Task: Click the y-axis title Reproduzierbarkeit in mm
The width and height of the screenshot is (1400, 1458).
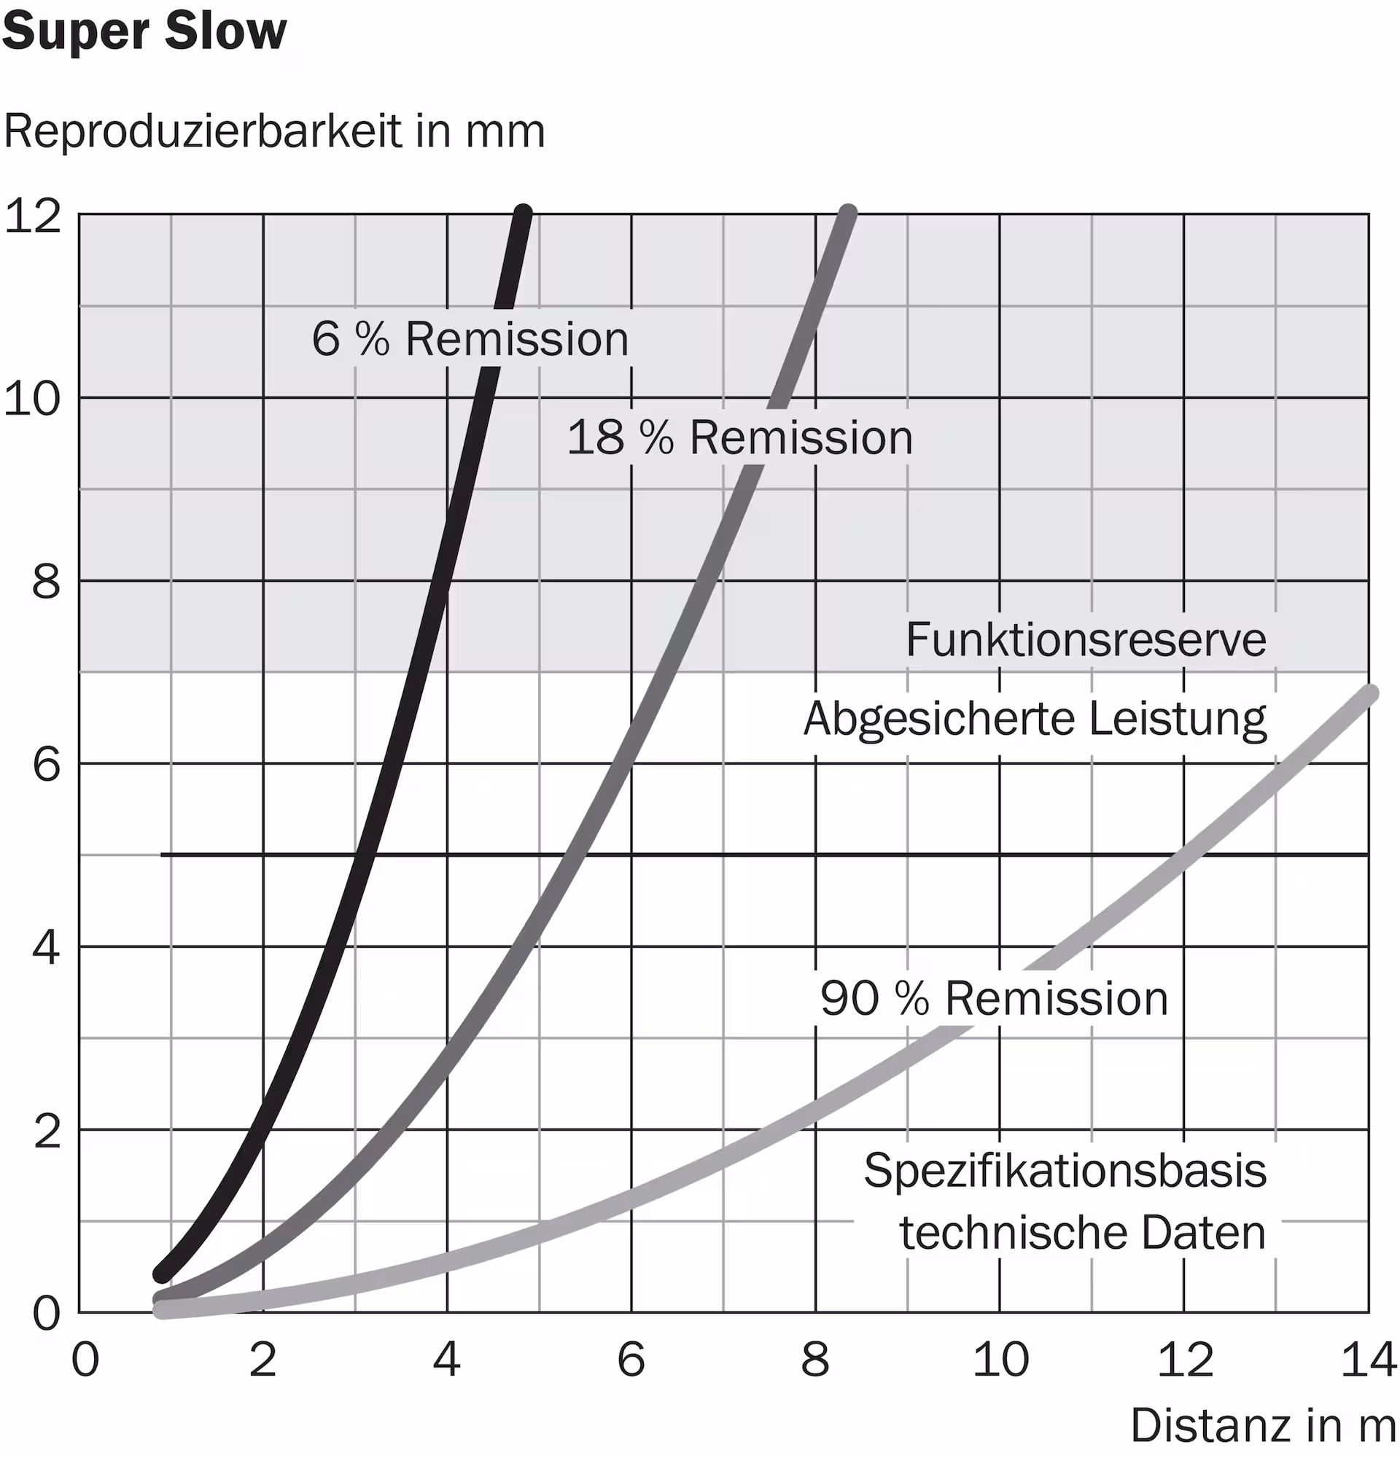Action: [273, 132]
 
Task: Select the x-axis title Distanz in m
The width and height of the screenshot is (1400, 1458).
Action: [1262, 1425]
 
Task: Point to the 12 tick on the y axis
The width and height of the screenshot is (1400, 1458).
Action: [33, 217]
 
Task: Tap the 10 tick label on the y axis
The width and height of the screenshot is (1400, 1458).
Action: [33, 399]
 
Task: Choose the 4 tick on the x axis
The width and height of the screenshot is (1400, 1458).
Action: [446, 1360]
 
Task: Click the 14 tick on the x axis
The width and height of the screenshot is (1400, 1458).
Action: [1367, 1360]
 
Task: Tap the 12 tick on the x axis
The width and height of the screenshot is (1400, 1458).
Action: [1184, 1360]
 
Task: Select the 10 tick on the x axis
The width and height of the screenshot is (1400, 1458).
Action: [1000, 1360]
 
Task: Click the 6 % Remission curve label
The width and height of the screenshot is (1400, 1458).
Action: [470, 339]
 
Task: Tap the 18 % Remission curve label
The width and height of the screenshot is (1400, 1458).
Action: [739, 437]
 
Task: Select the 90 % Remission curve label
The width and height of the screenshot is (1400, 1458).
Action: [994, 998]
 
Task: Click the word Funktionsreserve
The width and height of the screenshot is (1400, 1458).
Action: [1085, 640]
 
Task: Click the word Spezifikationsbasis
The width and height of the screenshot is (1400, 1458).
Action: [1065, 1171]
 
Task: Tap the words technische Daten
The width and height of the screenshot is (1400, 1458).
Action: [1082, 1233]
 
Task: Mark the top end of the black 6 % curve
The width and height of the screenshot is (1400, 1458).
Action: [524, 214]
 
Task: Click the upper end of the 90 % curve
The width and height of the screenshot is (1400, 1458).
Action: [1369, 693]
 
